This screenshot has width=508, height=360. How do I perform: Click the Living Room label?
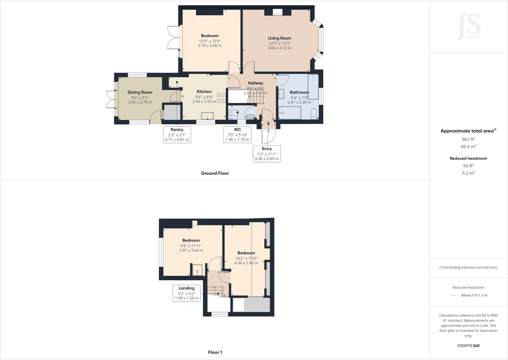point(279,38)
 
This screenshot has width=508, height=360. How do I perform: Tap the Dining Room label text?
point(140,92)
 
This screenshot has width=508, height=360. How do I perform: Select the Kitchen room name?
point(204,92)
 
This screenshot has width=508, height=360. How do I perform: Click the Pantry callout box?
point(177,134)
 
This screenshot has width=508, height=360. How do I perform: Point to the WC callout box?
point(237,134)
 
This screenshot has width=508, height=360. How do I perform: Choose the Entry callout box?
point(267,154)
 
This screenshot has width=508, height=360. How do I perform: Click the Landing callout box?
point(187,293)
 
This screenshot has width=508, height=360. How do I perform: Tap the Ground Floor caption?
point(215,173)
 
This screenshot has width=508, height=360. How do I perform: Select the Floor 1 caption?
point(215,352)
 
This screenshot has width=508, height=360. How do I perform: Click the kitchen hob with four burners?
point(221,98)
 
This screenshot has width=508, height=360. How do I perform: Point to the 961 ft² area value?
point(468,139)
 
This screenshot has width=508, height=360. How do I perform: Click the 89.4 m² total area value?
point(468,147)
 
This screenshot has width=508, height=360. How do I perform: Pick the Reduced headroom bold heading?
point(468,158)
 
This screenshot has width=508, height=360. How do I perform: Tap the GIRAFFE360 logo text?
point(468,346)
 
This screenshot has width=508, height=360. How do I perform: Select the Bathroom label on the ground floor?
point(299,92)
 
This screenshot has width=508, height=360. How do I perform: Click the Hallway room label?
point(256,83)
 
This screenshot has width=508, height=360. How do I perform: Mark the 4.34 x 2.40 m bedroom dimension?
point(246,263)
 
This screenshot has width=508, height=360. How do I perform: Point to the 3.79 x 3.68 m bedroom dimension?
point(210,46)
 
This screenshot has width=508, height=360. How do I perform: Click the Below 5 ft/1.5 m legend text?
point(474,295)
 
